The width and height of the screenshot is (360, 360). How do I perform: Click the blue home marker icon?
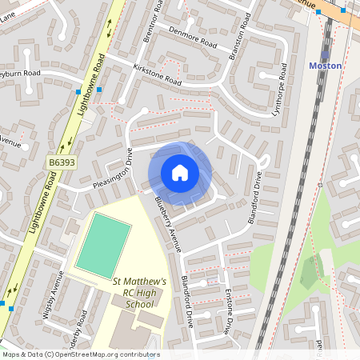tap(180, 173)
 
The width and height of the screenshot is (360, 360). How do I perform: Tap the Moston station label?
tap(325, 66)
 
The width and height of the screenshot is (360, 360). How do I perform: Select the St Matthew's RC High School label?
tap(139, 293)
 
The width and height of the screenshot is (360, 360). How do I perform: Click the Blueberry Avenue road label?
tap(167, 223)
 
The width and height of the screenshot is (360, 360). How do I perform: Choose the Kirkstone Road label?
tap(158, 76)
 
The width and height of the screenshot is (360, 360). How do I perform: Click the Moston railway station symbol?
tap(325, 54)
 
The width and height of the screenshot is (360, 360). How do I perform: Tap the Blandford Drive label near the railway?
tap(255, 201)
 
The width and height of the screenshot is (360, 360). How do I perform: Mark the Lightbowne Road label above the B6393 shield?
tap(91, 83)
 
